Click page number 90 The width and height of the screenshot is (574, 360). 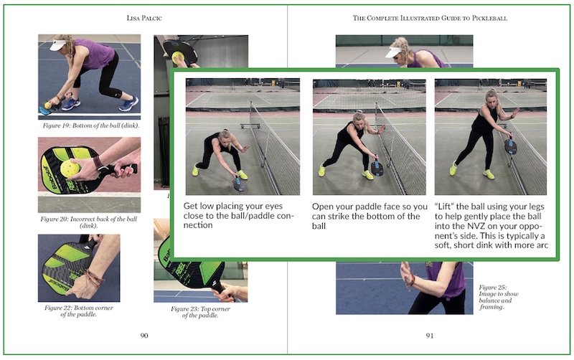(x=144, y=336)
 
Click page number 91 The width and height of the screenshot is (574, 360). (x=429, y=336)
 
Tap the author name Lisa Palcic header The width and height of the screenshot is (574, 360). (x=144, y=18)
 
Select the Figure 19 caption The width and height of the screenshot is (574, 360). (x=91, y=125)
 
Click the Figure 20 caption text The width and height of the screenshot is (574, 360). (x=88, y=222)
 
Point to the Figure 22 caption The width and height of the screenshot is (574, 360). (x=79, y=311)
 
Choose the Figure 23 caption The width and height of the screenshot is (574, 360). (x=200, y=312)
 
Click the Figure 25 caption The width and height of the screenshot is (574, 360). (x=499, y=297)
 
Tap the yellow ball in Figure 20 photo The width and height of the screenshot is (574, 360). (x=70, y=169)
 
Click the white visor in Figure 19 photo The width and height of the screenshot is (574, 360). (x=59, y=45)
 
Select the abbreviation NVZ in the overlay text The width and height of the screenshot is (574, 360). (x=476, y=226)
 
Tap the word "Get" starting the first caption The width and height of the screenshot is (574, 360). (x=190, y=206)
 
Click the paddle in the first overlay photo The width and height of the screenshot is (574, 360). (x=239, y=184)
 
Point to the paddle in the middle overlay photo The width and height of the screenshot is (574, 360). (x=377, y=167)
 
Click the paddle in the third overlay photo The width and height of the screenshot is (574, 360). (x=510, y=146)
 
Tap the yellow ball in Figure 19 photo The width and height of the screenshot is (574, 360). (x=47, y=105)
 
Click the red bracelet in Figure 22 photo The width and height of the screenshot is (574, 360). (x=93, y=279)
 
